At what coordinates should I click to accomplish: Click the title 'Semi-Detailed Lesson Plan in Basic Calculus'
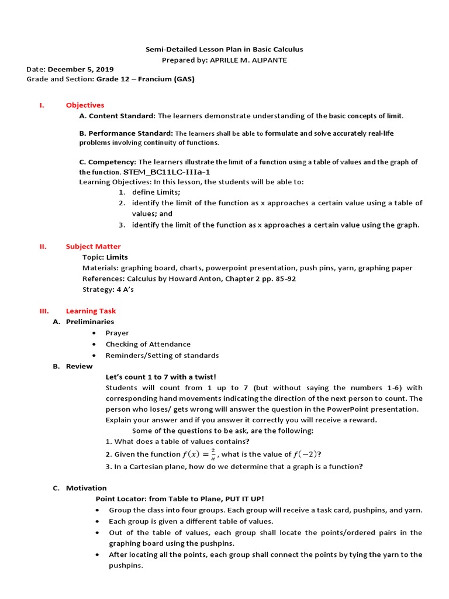pos(224,50)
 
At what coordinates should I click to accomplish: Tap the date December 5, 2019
pos(81,69)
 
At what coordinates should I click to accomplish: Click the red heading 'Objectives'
pos(85,105)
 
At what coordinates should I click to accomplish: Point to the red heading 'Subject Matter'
pos(93,246)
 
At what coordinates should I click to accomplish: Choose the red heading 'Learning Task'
pos(91,311)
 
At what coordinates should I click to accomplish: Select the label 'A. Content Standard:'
pos(118,116)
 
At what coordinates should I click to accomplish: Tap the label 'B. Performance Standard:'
pos(126,133)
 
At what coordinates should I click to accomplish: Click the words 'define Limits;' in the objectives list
pos(156,192)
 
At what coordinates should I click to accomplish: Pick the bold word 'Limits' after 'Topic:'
pos(117,257)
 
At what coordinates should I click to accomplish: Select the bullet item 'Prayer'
pos(117,333)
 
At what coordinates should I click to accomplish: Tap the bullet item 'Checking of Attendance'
pos(148,344)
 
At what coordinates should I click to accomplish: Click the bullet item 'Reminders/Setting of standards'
pos(162,355)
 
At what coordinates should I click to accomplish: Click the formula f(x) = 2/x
pos(199,455)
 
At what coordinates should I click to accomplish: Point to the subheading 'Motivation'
pos(86,488)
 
